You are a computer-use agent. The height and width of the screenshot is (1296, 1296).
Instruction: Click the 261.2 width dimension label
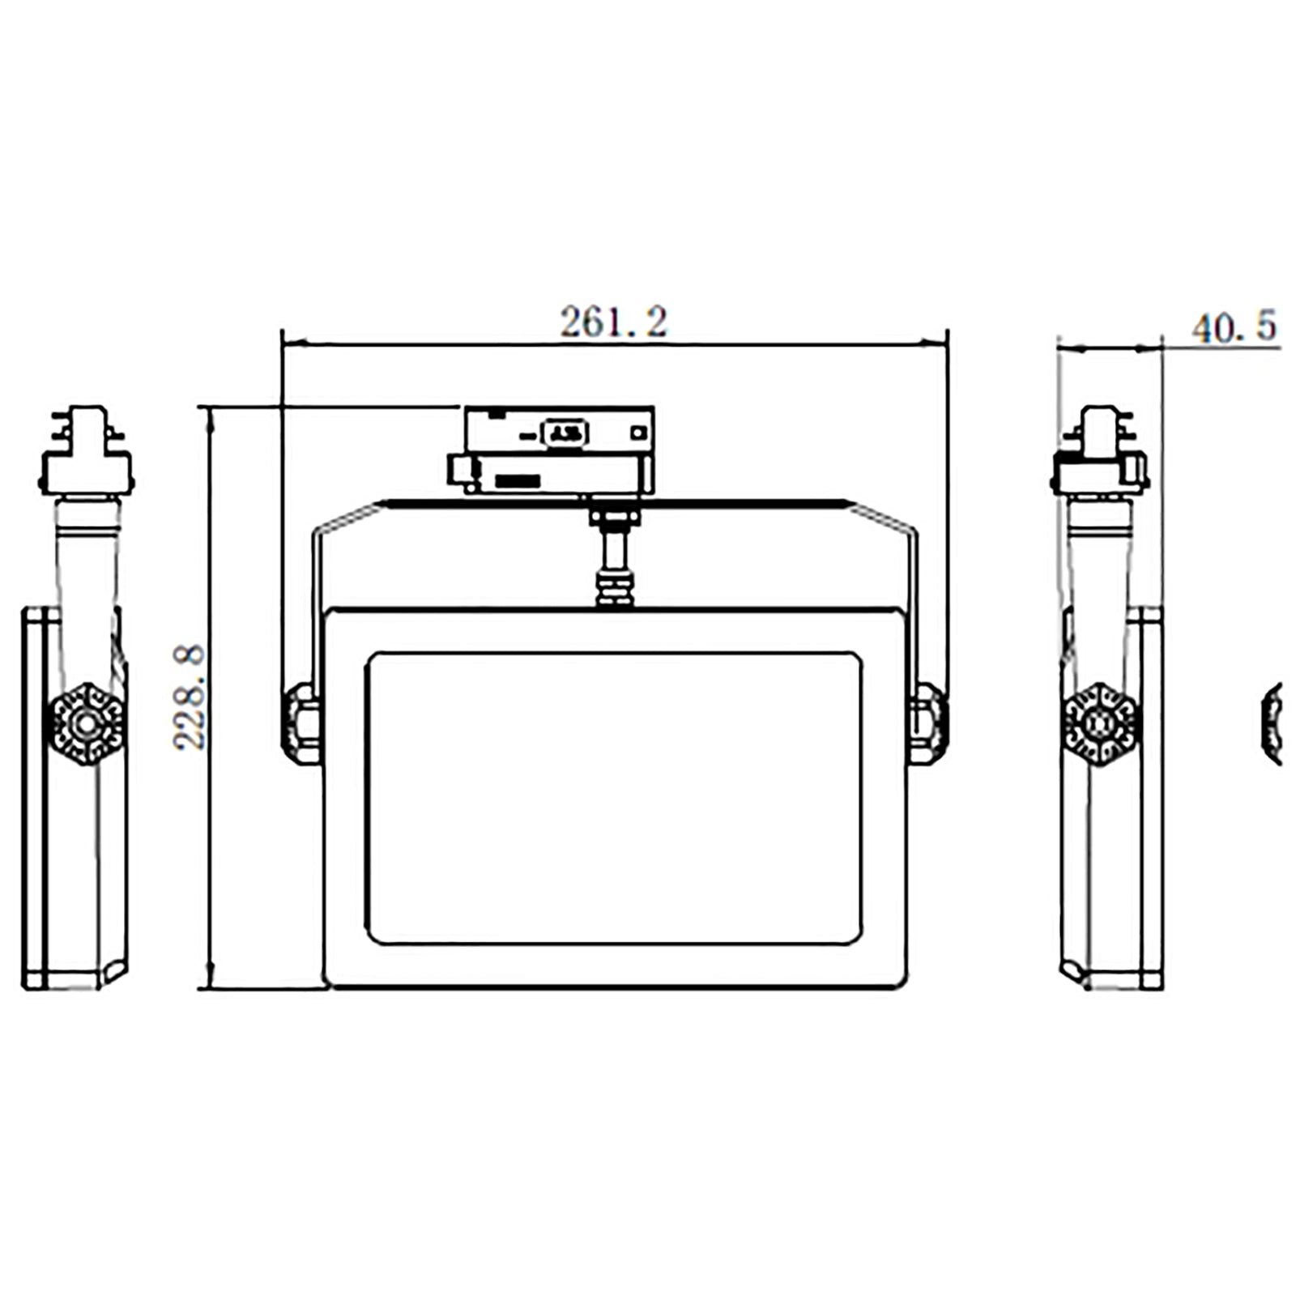(x=614, y=322)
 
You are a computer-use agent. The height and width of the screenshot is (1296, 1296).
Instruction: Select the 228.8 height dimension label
(x=190, y=697)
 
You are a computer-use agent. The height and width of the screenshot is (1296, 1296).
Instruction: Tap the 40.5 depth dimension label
(x=1234, y=326)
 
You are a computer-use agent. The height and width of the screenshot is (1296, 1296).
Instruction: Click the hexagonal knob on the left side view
(x=87, y=723)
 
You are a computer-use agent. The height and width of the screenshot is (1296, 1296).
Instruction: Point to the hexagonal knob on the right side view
(x=1100, y=723)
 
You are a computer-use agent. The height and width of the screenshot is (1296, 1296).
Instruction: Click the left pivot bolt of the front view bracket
(x=301, y=723)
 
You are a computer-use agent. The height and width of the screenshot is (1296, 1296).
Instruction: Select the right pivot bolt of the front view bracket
(x=927, y=723)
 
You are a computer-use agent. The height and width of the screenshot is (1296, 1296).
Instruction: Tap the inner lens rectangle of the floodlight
(x=614, y=798)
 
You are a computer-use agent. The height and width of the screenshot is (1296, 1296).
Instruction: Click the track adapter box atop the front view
(x=551, y=450)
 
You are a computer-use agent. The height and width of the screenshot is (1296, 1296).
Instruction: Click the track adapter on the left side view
(x=87, y=450)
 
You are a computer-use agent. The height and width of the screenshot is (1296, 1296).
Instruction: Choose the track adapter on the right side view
(x=1100, y=450)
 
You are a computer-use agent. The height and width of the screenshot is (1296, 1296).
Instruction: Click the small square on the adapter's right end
(x=639, y=433)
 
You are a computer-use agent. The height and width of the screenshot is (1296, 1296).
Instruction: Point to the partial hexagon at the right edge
(x=1273, y=723)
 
